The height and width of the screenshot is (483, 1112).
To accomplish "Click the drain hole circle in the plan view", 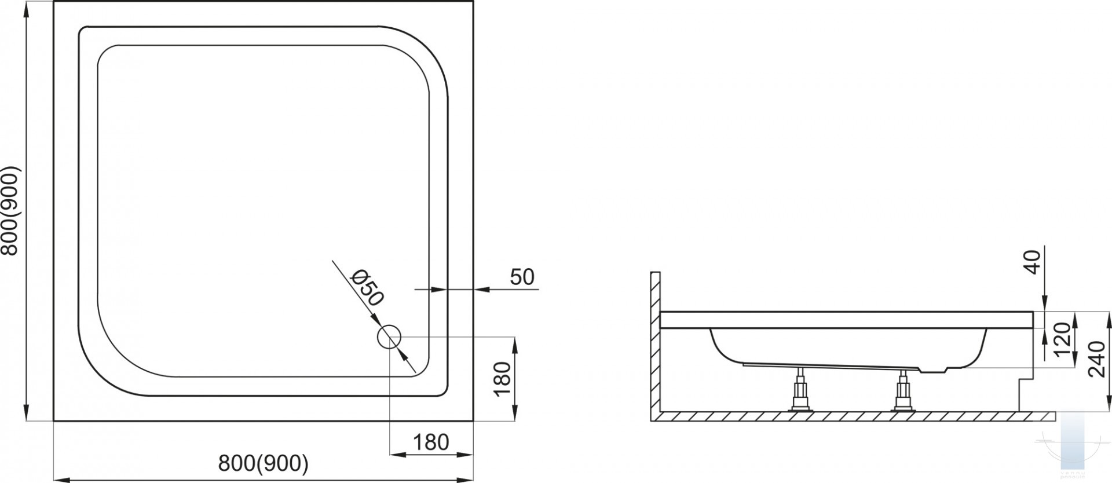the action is [x=389, y=336].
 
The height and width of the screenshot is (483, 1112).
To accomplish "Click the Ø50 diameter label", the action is [x=367, y=288].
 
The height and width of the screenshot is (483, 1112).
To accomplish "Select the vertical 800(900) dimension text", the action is [x=11, y=211].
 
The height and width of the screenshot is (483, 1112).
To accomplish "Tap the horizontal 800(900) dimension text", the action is [x=264, y=463].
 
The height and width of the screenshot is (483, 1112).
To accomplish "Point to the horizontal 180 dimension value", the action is [x=431, y=442].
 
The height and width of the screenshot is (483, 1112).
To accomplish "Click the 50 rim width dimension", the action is [x=522, y=277].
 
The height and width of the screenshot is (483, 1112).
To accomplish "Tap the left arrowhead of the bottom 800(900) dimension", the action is [x=61, y=480].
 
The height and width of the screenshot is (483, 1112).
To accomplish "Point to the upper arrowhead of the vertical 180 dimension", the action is [x=515, y=345].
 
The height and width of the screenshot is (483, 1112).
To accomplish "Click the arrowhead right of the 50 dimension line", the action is [x=482, y=288].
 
